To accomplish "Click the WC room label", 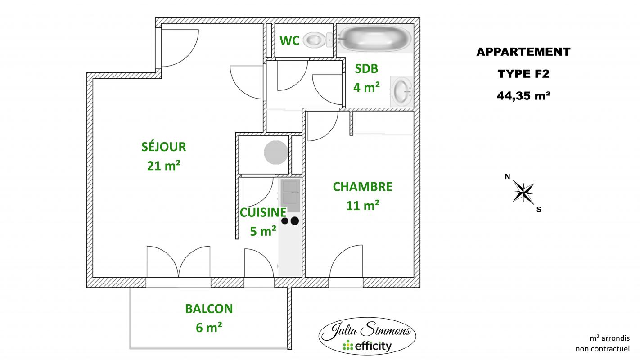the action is coord(289,40).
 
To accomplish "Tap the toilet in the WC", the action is coord(318,40).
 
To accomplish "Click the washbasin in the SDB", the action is coord(401,91).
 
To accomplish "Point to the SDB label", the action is coord(366,69).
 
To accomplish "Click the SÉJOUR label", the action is coord(164,146).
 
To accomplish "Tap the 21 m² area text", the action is coord(164,165).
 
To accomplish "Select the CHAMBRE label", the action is coord(363,187).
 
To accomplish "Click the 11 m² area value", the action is coord(363,205).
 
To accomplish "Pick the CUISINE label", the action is coord(263,212).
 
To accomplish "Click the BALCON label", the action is coord(209,309).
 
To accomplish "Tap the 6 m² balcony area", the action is coord(209,328).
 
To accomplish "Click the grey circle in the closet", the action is coord(276,153).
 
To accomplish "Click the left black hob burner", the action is coord(285,221).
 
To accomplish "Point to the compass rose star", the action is coord(523,192).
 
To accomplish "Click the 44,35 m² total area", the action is coord(523,96).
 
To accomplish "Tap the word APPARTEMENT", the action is coord(523,52).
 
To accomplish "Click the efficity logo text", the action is coord(367,346).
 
